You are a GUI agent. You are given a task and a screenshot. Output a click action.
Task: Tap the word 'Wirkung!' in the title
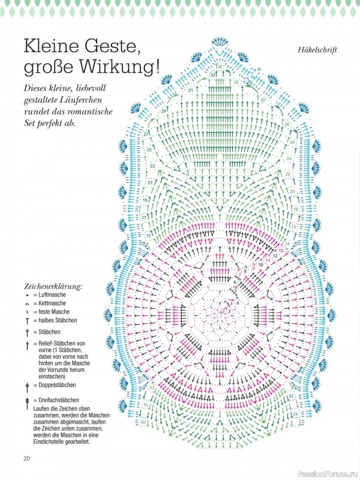point(127,66)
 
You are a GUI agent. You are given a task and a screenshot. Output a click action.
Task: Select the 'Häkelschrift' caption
point(316,49)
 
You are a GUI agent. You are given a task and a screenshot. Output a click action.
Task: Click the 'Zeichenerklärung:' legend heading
point(53,286)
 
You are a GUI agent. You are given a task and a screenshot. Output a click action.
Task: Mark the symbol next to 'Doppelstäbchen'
point(27,385)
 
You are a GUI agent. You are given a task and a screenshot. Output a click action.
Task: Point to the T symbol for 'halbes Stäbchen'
point(27,321)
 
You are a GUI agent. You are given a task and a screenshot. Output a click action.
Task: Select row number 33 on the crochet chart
point(213,74)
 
